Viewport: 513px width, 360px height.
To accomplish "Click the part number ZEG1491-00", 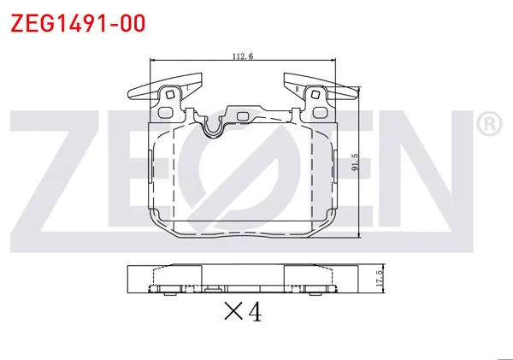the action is pos(78,23).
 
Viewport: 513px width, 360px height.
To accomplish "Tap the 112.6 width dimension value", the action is pos(243,56).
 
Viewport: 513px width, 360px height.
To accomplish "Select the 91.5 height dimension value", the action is pos(356,162).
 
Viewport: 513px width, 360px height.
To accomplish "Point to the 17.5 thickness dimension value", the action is pos(380,279).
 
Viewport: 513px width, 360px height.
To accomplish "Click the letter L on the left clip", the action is pos(188,88).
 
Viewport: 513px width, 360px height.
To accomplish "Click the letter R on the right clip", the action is pos(297,89).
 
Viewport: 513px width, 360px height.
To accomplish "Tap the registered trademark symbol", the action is pos(489,124).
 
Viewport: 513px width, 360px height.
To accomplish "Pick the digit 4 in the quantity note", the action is pos(255,311).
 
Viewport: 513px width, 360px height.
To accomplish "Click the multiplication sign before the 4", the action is pos(233,310).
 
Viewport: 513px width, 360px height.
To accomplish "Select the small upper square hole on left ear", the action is pos(170,95).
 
